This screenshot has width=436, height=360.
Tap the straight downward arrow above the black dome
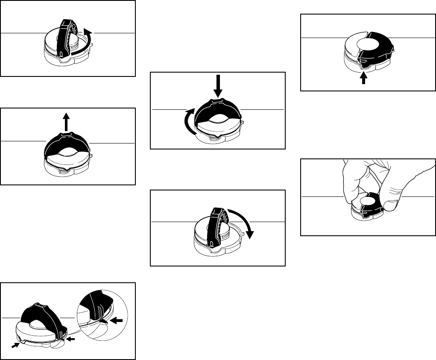(218, 86)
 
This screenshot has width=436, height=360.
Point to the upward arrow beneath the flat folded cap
(363, 79)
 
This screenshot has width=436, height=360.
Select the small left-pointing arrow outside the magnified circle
(71, 340)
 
